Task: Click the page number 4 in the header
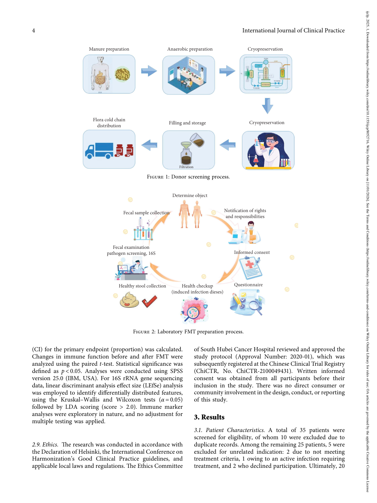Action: [34, 30]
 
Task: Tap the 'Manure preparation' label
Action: [109, 49]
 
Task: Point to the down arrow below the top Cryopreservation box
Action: [267, 106]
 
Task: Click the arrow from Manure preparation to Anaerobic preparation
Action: [149, 71]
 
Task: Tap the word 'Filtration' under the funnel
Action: [186, 167]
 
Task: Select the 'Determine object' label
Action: [190, 195]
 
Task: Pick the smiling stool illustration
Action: [129, 300]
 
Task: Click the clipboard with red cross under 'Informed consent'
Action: [250, 267]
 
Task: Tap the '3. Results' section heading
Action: [209, 417]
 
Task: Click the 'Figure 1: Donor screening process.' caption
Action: [188, 177]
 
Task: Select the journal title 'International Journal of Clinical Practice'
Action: [293, 30]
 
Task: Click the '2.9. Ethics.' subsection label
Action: [45, 445]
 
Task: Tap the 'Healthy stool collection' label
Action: [142, 286]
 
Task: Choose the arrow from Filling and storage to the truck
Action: [149, 145]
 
